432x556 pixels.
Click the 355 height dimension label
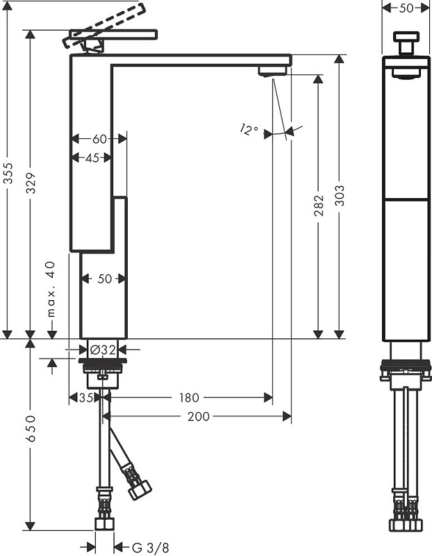8,173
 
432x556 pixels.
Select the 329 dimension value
31,183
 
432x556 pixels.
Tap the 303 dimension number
340,195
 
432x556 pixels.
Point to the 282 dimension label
318,205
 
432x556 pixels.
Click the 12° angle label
249,129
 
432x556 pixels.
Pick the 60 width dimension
99,139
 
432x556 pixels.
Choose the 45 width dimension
92,158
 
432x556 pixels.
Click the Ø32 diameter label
103,350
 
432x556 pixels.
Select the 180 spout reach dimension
188,398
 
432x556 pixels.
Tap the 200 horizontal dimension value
199,416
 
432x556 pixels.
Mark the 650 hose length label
31,428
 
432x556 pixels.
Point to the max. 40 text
51,289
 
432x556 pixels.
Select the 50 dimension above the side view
406,8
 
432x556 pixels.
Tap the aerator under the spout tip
272,71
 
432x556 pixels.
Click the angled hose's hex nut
140,489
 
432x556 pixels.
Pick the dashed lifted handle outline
104,26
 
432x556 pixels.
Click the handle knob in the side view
406,43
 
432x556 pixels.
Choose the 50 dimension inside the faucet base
105,279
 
